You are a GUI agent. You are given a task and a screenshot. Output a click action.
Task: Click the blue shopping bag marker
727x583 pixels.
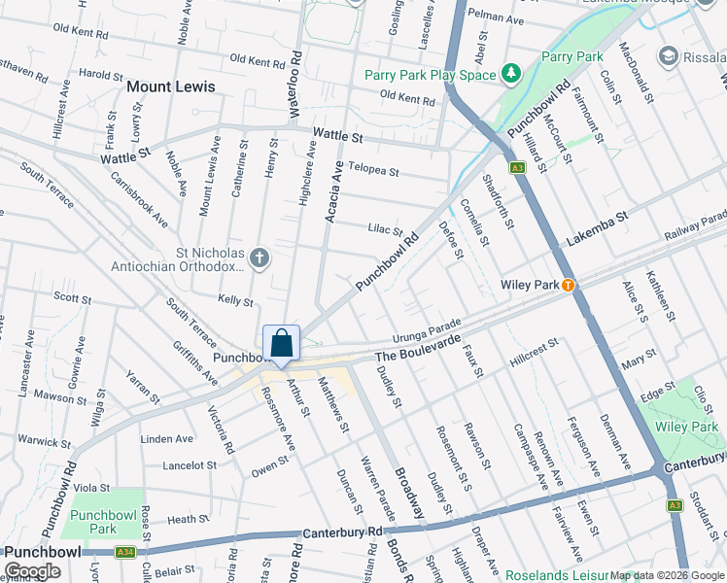pos(281,343)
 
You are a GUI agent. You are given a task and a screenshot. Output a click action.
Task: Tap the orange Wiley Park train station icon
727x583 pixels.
pos(569,285)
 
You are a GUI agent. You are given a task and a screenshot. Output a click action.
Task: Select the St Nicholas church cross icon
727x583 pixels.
pos(258,257)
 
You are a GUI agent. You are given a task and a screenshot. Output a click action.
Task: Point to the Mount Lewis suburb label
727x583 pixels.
pos(170,86)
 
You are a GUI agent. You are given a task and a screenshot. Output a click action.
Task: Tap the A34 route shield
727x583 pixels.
pos(124,552)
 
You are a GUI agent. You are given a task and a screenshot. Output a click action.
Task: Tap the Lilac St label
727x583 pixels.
pos(385,230)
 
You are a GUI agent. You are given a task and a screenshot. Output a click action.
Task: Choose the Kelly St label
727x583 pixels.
pos(235,301)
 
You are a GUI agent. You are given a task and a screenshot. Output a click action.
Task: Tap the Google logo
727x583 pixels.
pos(32,571)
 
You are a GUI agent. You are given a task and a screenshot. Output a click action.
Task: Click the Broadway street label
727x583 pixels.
pos(410,494)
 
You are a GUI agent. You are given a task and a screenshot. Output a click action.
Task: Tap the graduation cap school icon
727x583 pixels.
pos(668,55)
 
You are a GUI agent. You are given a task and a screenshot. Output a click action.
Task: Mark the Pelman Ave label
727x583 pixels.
pos(495,17)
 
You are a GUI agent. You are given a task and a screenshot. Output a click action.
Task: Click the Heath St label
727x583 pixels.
pos(182,521)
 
